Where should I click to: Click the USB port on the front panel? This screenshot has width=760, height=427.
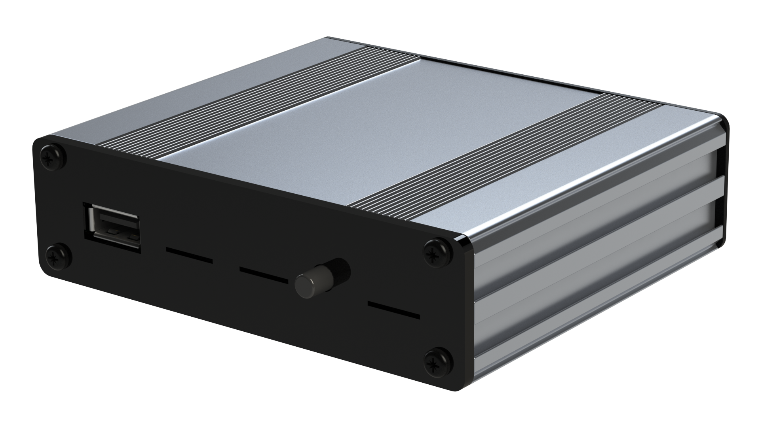[x=112, y=226]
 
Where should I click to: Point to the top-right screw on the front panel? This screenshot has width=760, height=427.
[x=437, y=252]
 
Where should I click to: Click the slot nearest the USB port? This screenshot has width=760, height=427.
[x=189, y=255]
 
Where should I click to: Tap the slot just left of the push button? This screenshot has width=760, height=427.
[x=263, y=276]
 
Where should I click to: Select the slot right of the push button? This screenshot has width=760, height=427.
[x=393, y=310]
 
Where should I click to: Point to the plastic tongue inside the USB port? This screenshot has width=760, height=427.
[x=115, y=231]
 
